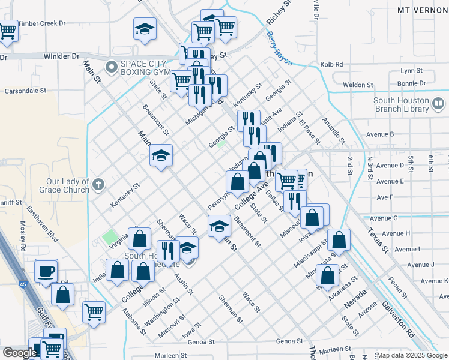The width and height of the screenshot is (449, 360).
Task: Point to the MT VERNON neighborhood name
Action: pos(423,10)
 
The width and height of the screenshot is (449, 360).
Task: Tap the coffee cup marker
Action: pos(46,270)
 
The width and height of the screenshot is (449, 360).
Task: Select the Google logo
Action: pos(19,353)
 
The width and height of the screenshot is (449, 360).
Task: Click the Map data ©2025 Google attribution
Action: pos(412,355)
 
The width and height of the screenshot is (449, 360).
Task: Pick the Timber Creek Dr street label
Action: pos(41,23)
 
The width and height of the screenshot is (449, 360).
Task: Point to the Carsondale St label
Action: pos(25,91)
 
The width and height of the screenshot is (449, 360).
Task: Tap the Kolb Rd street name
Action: pos(331,64)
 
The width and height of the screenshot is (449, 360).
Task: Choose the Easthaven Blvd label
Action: pos(44,223)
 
